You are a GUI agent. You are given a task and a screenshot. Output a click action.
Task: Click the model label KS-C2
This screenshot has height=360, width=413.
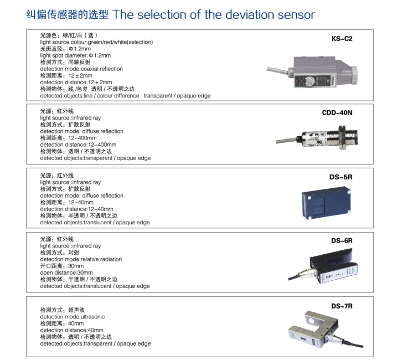[x=342, y=39]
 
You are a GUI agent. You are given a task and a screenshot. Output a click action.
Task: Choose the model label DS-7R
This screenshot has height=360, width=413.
[x=342, y=306]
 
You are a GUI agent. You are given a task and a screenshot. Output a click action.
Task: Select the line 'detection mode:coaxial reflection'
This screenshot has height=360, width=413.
[x=81, y=69]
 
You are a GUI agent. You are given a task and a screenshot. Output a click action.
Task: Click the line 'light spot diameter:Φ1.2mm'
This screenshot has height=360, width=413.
[x=75, y=55]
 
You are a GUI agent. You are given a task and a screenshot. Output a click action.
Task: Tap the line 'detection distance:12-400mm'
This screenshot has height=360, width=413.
[x=78, y=145]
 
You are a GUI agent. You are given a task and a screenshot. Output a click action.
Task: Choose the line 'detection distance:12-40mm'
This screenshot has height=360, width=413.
[x=76, y=209]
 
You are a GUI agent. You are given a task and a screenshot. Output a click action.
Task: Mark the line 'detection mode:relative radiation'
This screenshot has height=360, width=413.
[x=81, y=259]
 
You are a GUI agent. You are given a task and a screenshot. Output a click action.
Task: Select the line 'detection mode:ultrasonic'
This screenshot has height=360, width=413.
[x=73, y=317]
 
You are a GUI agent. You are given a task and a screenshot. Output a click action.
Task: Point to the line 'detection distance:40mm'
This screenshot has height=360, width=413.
[x=71, y=330]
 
